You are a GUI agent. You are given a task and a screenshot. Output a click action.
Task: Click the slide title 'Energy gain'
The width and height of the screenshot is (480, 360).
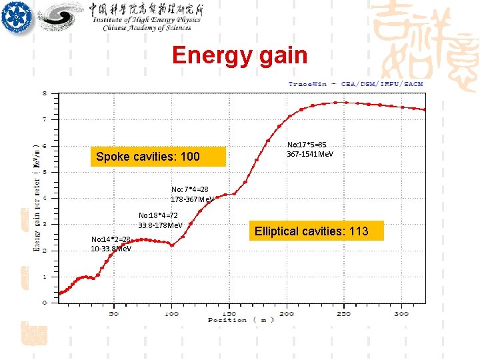pyautogui.click(x=239, y=55)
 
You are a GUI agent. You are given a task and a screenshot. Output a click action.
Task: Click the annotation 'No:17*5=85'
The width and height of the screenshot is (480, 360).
pyautogui.click(x=307, y=144)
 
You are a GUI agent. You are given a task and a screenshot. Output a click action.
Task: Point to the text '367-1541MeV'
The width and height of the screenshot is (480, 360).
pyautogui.click(x=310, y=155)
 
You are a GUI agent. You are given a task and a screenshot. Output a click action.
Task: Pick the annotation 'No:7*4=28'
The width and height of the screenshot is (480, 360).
pyautogui.click(x=189, y=189)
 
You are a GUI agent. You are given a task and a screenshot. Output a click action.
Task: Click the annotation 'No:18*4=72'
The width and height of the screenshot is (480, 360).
pyautogui.click(x=158, y=215)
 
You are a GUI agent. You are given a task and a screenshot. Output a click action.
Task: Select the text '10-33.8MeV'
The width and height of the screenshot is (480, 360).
pyautogui.click(x=111, y=249)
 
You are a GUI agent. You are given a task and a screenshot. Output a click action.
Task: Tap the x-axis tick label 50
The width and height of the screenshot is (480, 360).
pyautogui.click(x=113, y=313)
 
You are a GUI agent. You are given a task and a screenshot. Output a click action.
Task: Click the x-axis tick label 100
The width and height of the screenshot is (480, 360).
pyautogui.click(x=171, y=313)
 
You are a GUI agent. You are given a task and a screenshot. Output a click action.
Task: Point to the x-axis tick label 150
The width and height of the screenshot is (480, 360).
pyautogui.click(x=229, y=313)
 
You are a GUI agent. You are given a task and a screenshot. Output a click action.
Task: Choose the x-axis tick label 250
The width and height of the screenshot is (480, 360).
pyautogui.click(x=343, y=313)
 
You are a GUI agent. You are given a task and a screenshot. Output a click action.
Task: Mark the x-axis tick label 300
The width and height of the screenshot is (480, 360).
pyautogui.click(x=401, y=313)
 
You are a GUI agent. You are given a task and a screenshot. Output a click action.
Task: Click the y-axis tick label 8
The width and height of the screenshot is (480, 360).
pyautogui.click(x=45, y=93)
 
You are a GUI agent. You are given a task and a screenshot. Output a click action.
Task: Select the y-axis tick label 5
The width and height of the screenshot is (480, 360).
pyautogui.click(x=45, y=172)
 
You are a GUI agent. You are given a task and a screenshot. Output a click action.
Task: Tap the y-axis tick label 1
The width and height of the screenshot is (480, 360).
pyautogui.click(x=45, y=276)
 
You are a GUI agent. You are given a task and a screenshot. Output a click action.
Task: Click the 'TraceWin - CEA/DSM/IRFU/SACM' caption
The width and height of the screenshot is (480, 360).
pyautogui.click(x=355, y=84)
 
